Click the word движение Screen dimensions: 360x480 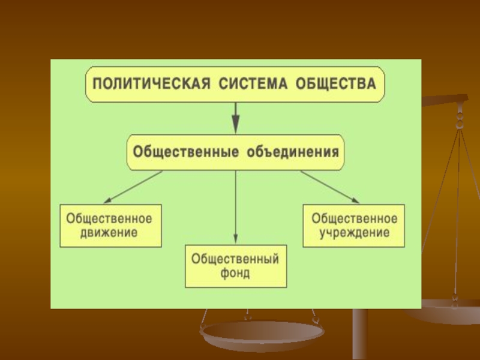109,232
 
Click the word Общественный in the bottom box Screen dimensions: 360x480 235,259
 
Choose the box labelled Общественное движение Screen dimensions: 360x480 109,225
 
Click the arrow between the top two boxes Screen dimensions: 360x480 236,118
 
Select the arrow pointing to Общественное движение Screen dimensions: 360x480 132,187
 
